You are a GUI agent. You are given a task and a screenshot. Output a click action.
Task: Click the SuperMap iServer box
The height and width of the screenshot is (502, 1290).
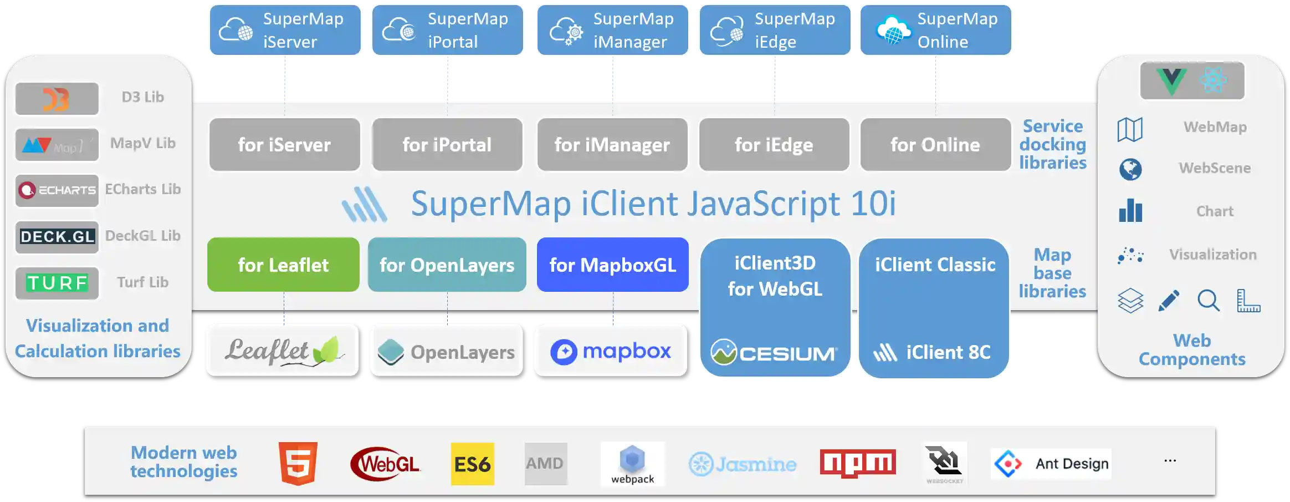(x=285, y=30)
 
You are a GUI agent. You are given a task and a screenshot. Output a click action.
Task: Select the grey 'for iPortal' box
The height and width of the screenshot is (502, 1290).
(x=447, y=145)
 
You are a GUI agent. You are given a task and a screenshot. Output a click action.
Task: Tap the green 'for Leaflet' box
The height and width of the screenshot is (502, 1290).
(x=283, y=265)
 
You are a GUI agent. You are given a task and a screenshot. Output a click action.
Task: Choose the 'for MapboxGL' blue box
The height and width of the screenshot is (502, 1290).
(x=613, y=265)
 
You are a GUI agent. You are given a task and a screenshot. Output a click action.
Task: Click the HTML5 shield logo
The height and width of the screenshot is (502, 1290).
(x=298, y=463)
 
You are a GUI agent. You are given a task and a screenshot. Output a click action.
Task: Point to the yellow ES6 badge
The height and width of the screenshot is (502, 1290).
(x=472, y=464)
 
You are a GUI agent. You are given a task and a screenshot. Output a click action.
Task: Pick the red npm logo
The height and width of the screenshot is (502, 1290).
(x=858, y=463)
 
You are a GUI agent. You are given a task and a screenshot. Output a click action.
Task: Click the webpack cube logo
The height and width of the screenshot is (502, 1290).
(x=632, y=459)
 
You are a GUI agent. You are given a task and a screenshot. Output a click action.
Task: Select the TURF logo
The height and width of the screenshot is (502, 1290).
(x=57, y=283)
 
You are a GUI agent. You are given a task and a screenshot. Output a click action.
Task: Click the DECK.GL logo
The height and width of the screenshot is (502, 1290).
(x=57, y=237)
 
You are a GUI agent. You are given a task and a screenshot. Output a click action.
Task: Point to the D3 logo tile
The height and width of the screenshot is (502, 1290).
(x=57, y=99)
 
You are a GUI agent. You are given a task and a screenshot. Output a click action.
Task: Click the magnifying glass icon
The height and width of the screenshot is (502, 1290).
(x=1208, y=301)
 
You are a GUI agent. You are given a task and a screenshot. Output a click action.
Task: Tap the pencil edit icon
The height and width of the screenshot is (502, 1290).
(x=1169, y=301)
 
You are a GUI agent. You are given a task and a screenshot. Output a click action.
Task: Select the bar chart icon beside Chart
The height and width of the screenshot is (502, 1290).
(x=1130, y=211)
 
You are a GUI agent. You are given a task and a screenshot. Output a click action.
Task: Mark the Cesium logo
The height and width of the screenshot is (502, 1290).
(x=775, y=352)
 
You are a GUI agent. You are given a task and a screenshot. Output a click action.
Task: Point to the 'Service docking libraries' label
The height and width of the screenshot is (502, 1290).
(x=1052, y=144)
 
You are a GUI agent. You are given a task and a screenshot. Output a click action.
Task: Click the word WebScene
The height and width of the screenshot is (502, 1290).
(x=1215, y=168)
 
